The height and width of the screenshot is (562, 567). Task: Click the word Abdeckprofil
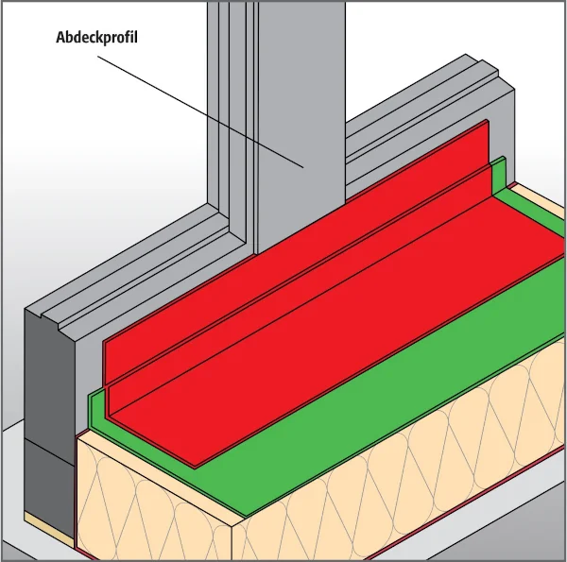(96, 38)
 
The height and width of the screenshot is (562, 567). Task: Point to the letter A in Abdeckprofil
(60, 37)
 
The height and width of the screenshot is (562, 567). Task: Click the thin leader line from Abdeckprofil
(200, 111)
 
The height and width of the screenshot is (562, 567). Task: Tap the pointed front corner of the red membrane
(196, 467)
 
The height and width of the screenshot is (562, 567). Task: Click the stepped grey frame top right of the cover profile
(430, 119)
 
